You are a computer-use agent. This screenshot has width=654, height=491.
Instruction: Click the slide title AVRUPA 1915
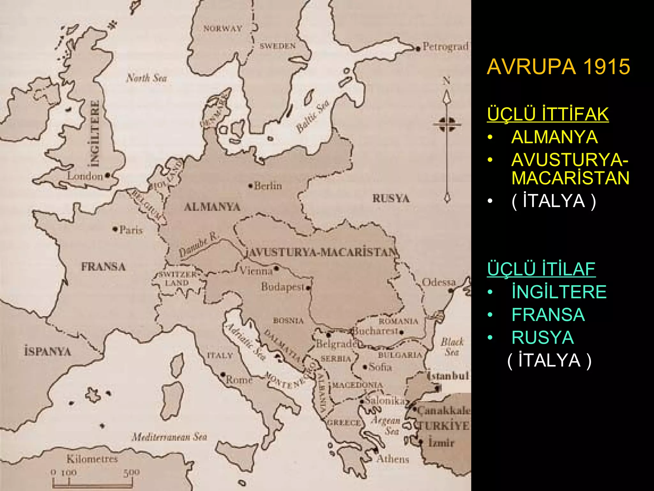click(558, 66)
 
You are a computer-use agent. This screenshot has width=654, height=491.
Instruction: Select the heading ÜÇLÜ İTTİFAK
click(548, 114)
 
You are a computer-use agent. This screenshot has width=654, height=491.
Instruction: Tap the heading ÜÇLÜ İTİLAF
click(541, 269)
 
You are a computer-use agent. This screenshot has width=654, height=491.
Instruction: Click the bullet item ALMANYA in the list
click(554, 137)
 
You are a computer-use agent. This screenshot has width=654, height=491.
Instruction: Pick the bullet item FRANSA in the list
click(548, 315)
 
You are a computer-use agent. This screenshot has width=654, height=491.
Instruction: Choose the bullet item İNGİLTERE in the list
click(559, 292)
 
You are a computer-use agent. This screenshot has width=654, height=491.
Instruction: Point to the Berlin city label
click(268, 186)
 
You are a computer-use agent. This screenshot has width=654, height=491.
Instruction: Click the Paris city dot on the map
click(115, 229)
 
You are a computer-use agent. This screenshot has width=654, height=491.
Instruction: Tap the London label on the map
click(85, 176)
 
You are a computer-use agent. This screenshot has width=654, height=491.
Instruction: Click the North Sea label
click(147, 78)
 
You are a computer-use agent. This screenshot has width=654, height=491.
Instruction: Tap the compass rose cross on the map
click(447, 124)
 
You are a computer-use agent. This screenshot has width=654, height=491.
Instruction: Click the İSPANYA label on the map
click(48, 352)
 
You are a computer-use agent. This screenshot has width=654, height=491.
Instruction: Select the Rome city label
click(239, 380)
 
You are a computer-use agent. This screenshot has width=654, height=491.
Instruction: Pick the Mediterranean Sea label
click(169, 436)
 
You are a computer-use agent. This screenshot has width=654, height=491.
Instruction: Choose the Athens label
click(392, 459)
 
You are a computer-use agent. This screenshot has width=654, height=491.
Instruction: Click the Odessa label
click(439, 282)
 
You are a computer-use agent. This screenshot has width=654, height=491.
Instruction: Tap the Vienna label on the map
click(256, 271)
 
